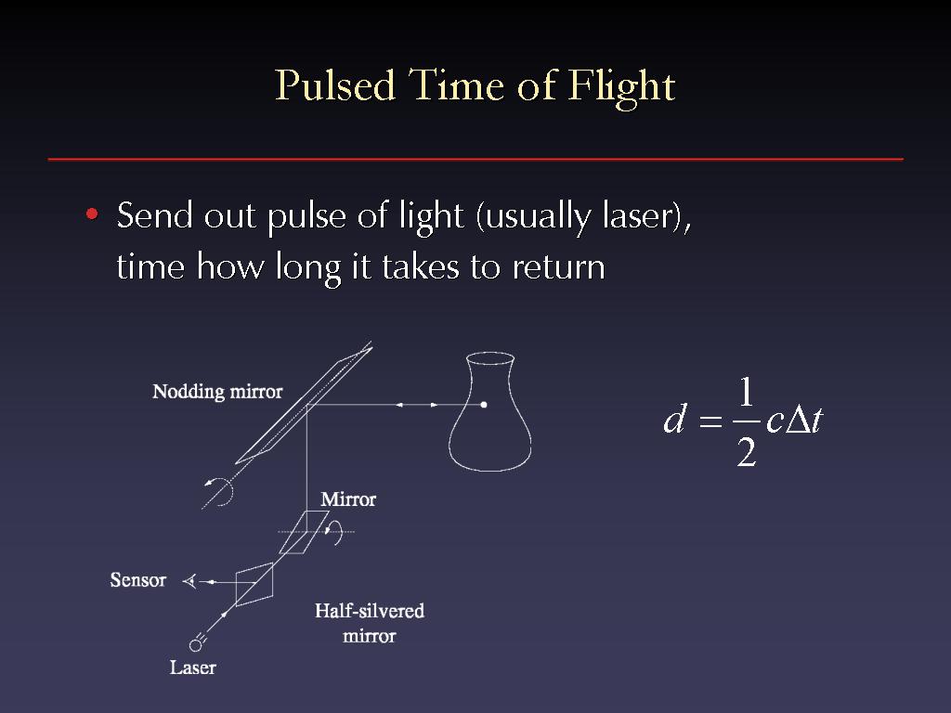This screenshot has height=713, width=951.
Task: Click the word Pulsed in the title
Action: pos(335,84)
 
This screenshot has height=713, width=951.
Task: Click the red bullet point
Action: pos(92,214)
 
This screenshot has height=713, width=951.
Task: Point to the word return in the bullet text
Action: pos(558,266)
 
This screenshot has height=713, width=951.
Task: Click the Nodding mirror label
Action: pos(217,392)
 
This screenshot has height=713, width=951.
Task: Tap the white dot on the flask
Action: pos(484,405)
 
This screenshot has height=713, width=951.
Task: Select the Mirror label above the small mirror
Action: pos(348,499)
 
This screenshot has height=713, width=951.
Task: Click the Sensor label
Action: pos(137,580)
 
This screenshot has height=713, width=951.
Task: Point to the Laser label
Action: pos(193,668)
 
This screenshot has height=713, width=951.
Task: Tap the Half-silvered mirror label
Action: pos(370,623)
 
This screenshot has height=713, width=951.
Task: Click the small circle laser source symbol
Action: pos(195,645)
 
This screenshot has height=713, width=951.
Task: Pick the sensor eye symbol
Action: pos(189,581)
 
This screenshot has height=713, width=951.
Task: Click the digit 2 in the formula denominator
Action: pos(747,452)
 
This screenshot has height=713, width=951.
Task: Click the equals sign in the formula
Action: pos(710,421)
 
